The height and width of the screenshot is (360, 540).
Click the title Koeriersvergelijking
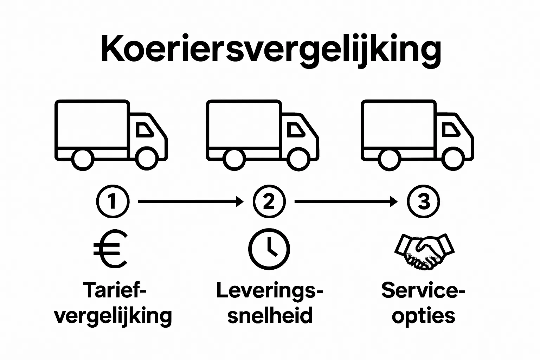point(270,49)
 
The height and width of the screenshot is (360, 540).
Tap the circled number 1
point(112,202)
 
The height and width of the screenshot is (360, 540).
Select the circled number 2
point(269,202)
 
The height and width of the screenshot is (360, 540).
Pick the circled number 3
point(423,202)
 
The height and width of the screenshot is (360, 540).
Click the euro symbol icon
point(110,249)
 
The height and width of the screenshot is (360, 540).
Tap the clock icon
point(269,249)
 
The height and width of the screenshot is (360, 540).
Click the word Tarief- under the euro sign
point(115,291)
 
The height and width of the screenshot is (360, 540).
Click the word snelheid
point(270,315)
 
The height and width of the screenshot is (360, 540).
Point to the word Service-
point(423,291)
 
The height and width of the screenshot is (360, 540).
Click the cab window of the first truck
point(144,130)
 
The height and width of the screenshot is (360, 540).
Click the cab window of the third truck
point(450,130)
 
